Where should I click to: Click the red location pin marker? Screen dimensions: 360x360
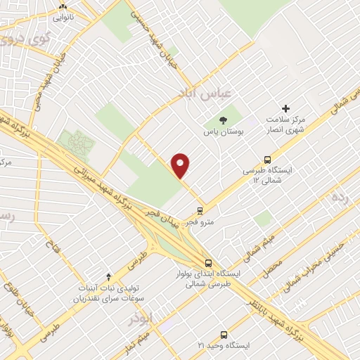[181, 165]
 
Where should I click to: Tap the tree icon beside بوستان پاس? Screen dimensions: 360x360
[223, 120]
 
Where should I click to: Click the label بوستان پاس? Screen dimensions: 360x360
[223, 131]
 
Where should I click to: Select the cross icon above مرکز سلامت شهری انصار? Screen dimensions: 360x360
[285, 108]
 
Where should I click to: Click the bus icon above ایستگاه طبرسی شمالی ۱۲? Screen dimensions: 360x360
[266, 160]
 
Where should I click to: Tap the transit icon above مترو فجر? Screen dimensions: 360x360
[200, 210]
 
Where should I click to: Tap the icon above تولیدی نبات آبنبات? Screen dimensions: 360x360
[108, 276]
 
